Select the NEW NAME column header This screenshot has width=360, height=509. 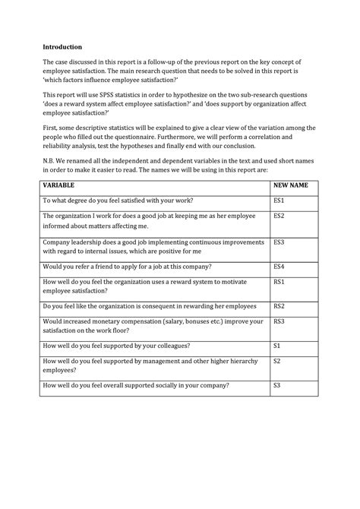click(291, 185)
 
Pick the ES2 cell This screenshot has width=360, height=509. click(279, 216)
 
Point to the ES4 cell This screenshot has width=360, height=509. click(279, 267)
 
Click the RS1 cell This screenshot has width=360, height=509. click(279, 282)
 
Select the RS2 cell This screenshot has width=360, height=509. click(279, 306)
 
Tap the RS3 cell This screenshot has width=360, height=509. click(279, 321)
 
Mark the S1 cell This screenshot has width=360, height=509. click(276, 346)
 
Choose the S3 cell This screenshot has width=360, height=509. click(276, 386)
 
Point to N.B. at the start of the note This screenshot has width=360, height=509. click(50, 162)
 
